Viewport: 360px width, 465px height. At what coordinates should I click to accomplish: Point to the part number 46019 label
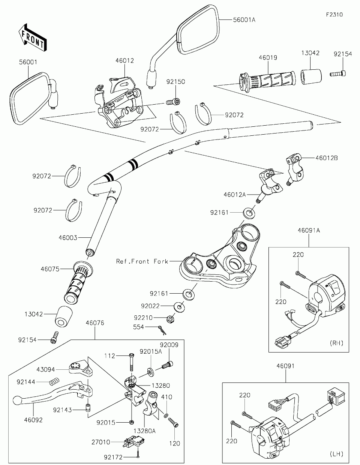(x=268, y=58)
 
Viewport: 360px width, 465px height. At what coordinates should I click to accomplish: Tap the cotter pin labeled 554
(x=163, y=329)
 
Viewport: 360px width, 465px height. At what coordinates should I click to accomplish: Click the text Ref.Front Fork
(x=142, y=261)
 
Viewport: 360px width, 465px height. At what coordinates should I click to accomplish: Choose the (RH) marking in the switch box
(x=336, y=343)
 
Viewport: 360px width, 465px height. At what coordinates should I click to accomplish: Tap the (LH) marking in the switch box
(x=336, y=454)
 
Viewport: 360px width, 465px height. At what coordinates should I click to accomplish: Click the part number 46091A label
(x=309, y=230)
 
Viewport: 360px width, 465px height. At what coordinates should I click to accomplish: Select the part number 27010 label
(x=101, y=442)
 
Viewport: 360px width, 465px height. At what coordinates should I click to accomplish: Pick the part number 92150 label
(x=176, y=81)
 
